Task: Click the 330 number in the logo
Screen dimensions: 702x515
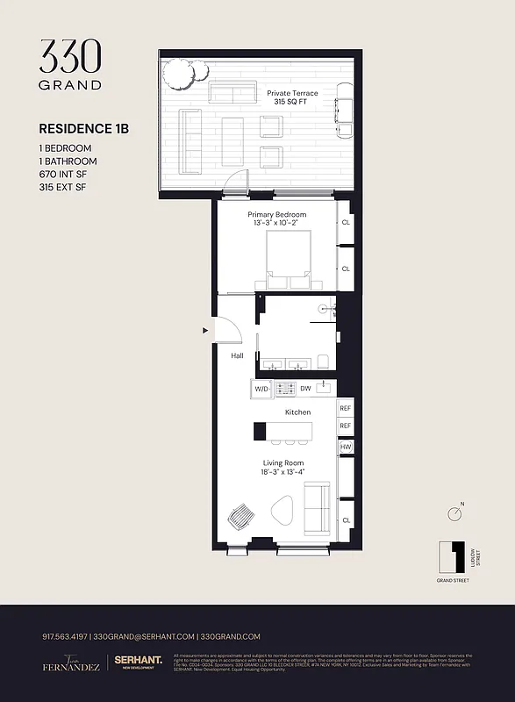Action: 70,57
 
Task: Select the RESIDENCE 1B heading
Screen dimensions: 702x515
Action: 84,128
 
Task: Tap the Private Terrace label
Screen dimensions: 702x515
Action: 292,93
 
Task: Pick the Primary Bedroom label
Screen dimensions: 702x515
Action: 277,215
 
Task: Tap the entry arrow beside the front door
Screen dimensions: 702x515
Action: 206,331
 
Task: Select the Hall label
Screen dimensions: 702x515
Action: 237,356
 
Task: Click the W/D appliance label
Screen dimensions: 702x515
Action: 261,388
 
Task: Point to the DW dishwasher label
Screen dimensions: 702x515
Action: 305,388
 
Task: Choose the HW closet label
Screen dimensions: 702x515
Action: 346,447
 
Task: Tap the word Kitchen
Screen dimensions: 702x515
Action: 297,412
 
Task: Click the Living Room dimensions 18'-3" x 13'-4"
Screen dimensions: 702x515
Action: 283,473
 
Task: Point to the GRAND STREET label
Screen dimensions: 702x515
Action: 452,580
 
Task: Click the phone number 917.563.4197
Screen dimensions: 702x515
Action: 65,637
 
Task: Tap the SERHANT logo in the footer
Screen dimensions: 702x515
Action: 140,663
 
